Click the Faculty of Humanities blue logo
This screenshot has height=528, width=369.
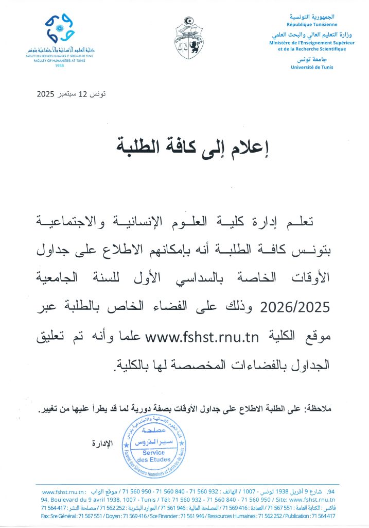pyautogui.click(x=61, y=29)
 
